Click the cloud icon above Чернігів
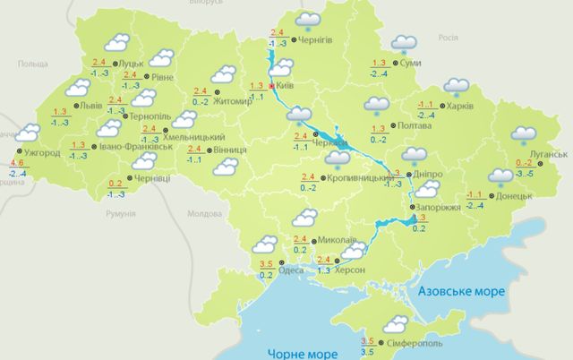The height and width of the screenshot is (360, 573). point(310,19)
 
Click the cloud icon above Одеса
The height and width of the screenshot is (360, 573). point(264,243)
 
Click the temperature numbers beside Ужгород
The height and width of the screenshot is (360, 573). point(16,167)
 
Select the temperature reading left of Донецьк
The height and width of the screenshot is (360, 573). point(475,200)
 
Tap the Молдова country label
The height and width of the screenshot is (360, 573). point(203,214)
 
